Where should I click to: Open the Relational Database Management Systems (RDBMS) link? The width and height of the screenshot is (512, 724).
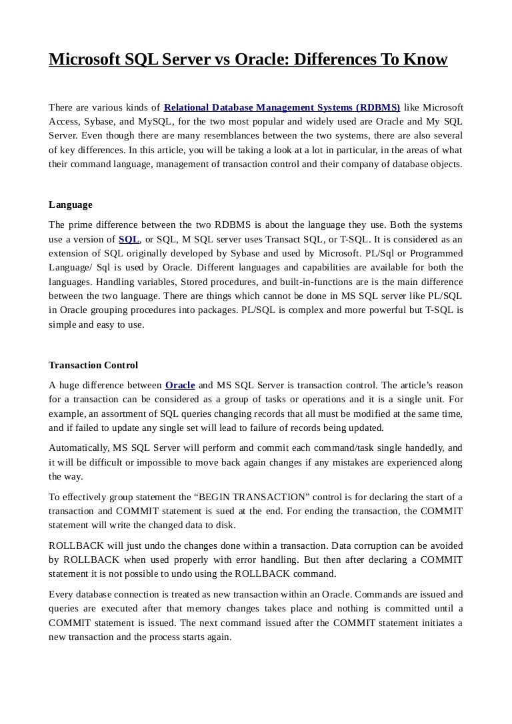pyautogui.click(x=282, y=107)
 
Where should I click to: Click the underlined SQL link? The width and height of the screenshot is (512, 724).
pyautogui.click(x=129, y=239)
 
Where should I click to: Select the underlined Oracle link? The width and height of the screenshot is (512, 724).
pyautogui.click(x=180, y=385)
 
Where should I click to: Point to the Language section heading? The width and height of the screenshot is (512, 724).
pyautogui.click(x=71, y=204)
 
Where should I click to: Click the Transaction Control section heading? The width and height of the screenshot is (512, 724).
pyautogui.click(x=93, y=365)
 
